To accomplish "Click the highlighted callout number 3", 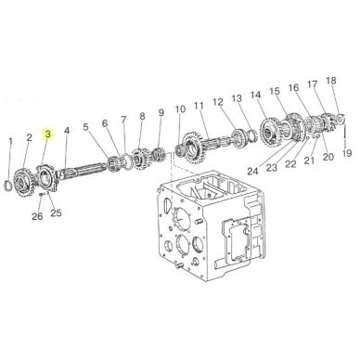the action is (x=48, y=134).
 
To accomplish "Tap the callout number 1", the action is (x=11, y=141).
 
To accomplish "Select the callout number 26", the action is (x=37, y=216).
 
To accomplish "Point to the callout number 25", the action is (x=56, y=212).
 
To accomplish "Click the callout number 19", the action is (x=347, y=153).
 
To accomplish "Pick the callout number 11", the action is (x=199, y=106).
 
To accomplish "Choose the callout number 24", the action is (x=252, y=171).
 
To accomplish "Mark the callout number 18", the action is (x=330, y=81).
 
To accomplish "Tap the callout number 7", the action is (x=123, y=119).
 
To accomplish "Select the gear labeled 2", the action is (x=25, y=181).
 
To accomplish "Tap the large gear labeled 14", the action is (x=269, y=133).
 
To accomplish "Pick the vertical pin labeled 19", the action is (x=345, y=135).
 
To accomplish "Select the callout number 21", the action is (x=309, y=160).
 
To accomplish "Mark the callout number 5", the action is (x=85, y=127).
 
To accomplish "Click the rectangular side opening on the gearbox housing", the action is (x=235, y=239).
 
